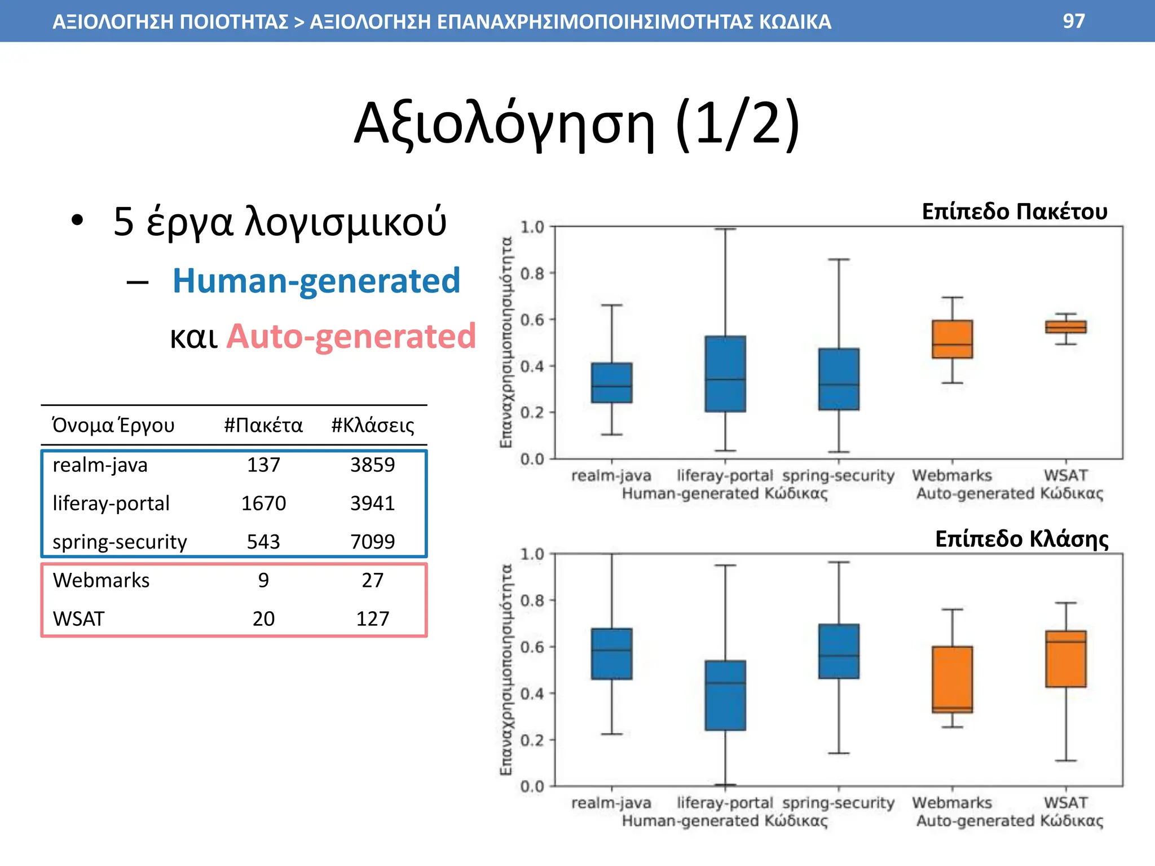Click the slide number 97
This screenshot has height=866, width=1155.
[1073, 21]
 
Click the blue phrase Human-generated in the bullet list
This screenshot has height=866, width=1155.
[316, 281]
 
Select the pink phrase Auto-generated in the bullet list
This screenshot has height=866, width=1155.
[351, 337]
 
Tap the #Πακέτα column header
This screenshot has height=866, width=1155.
[263, 425]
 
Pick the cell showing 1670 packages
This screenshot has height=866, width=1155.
[263, 503]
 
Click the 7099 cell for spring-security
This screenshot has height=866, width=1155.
[372, 542]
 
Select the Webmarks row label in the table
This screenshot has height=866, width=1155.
[101, 580]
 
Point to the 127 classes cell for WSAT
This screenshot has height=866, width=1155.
[372, 619]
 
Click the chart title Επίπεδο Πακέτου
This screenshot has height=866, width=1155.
[1014, 211]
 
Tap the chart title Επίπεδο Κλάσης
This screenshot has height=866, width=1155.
[1021, 539]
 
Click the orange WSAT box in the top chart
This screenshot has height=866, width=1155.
[1065, 327]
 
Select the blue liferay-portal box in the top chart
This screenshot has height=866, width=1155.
[725, 374]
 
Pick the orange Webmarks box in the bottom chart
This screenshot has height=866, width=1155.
[952, 679]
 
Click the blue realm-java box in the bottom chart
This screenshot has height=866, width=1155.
[611, 653]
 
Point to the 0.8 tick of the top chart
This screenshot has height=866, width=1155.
[532, 273]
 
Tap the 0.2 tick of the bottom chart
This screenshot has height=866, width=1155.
[532, 740]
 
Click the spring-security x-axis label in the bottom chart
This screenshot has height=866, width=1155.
[838, 802]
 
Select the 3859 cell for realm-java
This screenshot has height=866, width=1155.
[372, 465]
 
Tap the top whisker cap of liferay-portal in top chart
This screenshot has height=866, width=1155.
[725, 229]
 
